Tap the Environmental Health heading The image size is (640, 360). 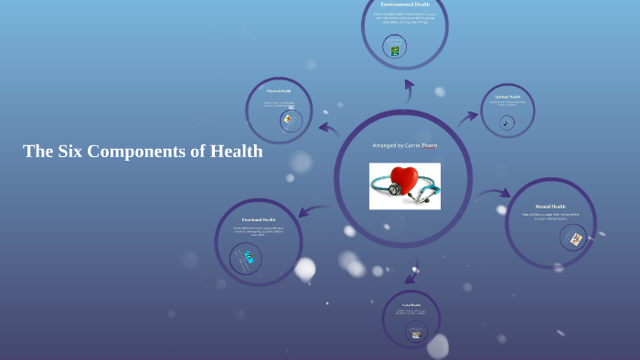405,5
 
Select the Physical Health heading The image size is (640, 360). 279,91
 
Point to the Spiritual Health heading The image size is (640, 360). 507,96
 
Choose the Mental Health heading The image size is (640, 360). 550,207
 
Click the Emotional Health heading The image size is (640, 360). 259,220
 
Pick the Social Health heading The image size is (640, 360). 411,305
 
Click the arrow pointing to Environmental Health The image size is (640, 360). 409,88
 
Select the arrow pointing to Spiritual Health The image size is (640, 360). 468,116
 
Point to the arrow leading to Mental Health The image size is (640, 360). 495,194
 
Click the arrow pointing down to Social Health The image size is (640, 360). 411,273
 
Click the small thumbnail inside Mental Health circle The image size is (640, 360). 575,239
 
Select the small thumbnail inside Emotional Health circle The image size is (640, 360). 247,258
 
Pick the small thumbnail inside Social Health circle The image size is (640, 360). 416,333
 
